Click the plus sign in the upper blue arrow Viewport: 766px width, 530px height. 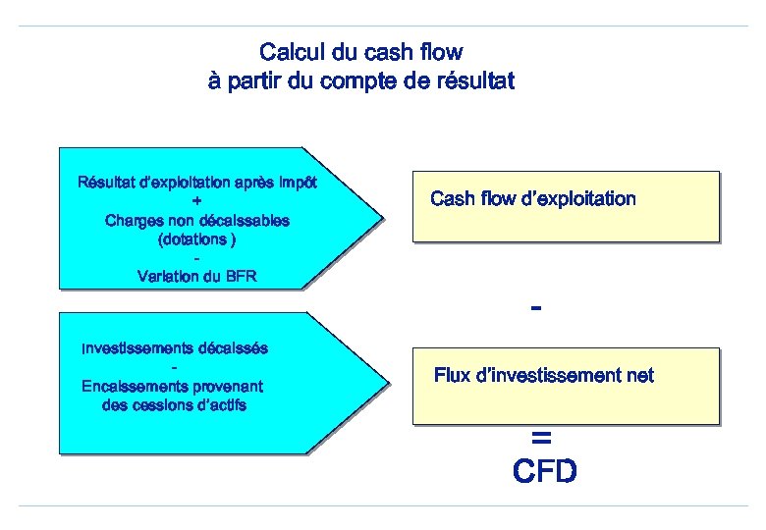(x=196, y=201)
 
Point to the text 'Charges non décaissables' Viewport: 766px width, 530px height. (x=196, y=220)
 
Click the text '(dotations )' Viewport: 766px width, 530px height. (x=196, y=238)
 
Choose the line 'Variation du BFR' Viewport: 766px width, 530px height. (x=196, y=276)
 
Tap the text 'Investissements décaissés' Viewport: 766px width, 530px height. (x=175, y=347)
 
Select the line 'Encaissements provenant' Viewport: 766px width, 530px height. (x=173, y=386)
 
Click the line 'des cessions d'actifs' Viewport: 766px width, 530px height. (x=174, y=404)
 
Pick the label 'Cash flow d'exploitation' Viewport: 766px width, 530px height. (x=533, y=199)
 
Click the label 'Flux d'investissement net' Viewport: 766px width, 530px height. (x=543, y=375)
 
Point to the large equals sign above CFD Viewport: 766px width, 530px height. (x=540, y=437)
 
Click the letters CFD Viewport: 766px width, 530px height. (x=545, y=472)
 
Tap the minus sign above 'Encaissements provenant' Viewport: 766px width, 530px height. (x=174, y=367)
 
